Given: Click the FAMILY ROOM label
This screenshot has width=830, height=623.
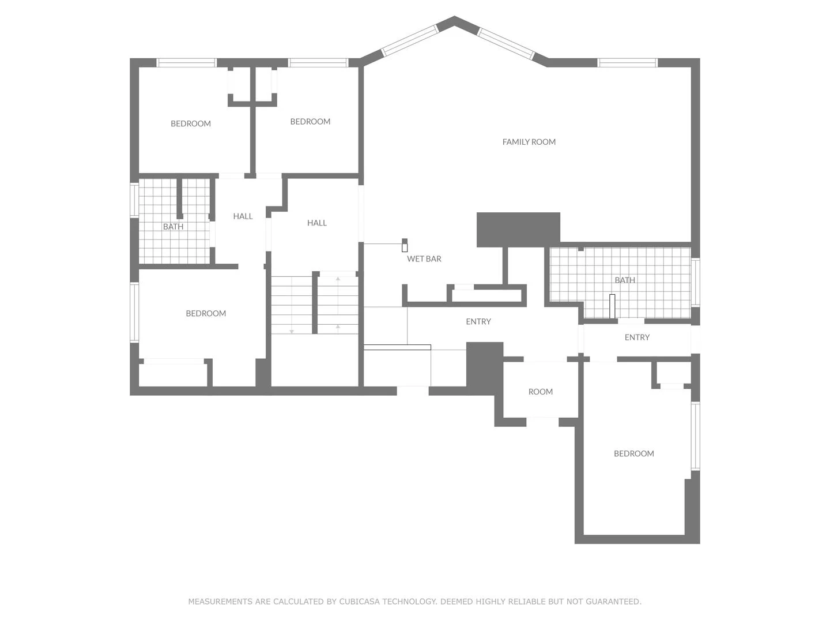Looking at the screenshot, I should tap(529, 142).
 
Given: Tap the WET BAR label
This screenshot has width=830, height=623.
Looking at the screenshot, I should tap(424, 259).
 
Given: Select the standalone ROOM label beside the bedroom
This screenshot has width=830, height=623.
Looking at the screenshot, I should tap(540, 392).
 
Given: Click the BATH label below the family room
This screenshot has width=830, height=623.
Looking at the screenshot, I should tap(624, 280).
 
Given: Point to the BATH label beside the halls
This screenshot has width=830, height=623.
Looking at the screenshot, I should tap(173, 227).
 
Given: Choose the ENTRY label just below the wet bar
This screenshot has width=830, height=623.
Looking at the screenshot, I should tap(478, 322).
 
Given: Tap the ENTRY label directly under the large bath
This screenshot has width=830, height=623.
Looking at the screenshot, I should tap(637, 337).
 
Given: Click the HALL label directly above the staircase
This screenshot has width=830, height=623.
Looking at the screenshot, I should tap(316, 223).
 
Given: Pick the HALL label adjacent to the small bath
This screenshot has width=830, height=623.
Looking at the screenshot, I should tap(243, 216).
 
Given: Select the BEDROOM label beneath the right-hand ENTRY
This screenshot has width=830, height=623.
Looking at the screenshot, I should tap(633, 454).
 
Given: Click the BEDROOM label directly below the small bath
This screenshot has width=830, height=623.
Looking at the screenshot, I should tap(206, 314).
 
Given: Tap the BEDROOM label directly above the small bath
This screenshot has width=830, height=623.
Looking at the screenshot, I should tap(190, 123).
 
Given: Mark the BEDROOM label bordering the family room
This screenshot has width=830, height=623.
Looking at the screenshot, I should tap(310, 122).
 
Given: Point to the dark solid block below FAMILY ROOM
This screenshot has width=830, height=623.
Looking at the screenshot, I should tap(518, 229).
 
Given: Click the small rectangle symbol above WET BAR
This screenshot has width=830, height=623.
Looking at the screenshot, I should tap(405, 246).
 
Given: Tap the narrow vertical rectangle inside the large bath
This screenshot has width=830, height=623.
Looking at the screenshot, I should tap(612, 306).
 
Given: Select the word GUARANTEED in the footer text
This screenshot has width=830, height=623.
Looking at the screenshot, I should tap(613, 602).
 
